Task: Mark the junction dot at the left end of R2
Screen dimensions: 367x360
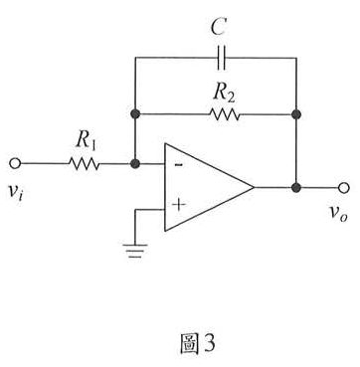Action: pos(133,113)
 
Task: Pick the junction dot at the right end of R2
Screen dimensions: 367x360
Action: pos(296,113)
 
